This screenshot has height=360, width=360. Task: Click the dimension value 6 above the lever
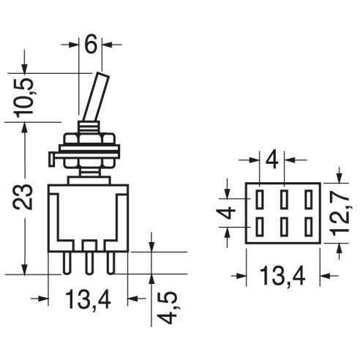(x=91, y=44)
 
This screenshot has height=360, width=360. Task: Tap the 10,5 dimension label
(x=23, y=97)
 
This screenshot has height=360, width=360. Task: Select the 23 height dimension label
(x=23, y=197)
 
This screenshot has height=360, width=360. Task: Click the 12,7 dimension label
(x=340, y=211)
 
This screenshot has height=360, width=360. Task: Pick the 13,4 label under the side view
(x=88, y=299)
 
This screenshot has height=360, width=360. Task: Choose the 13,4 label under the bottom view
(x=282, y=276)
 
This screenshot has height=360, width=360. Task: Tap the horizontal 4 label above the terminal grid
(x=272, y=160)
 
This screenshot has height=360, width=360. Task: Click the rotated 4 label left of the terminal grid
(x=226, y=213)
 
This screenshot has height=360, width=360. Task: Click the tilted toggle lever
(x=96, y=97)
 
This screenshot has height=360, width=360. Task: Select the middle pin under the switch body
(x=89, y=263)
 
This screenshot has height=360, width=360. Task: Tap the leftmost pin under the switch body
(x=67, y=263)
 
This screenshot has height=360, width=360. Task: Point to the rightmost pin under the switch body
(x=111, y=263)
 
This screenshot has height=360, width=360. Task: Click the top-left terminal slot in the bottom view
(x=260, y=199)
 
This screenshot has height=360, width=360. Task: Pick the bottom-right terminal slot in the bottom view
(x=309, y=227)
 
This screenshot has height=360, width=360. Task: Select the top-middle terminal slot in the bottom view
(x=284, y=199)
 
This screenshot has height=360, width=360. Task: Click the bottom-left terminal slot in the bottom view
(x=260, y=227)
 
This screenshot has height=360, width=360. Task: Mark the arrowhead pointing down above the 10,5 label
(x=24, y=68)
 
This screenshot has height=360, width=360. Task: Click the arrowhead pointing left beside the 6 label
(x=107, y=45)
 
